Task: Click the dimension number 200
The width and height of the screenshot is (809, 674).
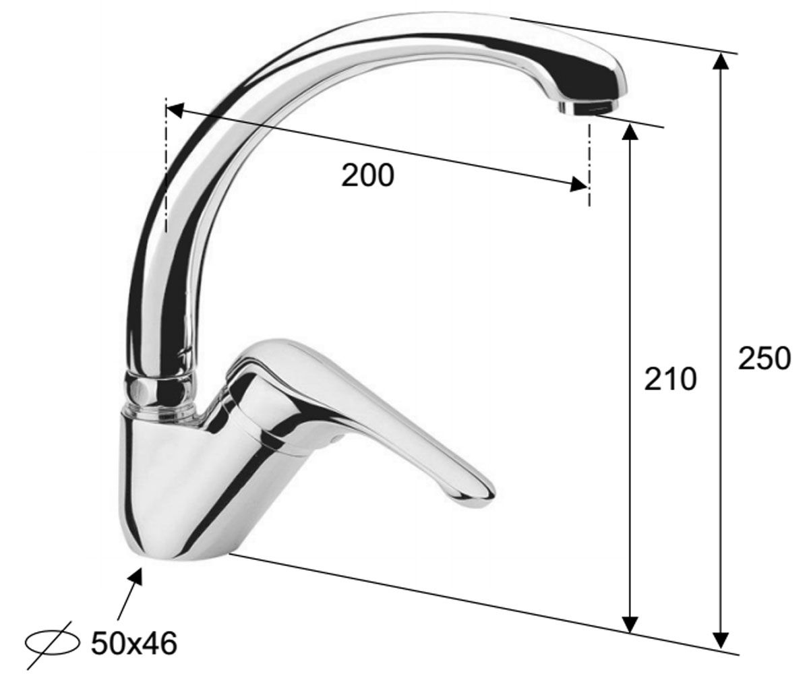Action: point(367,175)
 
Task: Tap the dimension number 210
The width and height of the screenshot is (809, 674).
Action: point(670,379)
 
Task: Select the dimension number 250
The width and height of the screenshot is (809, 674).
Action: point(764,359)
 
